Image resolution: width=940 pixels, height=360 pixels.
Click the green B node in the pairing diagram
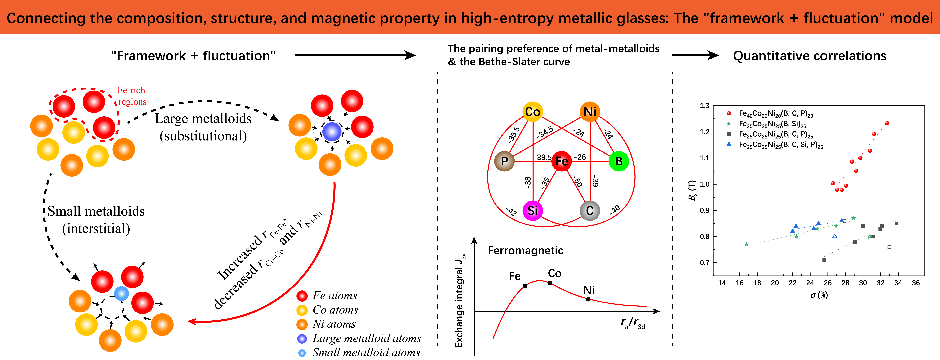coord(619,161)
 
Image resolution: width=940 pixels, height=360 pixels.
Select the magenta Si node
coord(533,210)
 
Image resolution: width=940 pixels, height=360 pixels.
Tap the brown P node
coord(504,161)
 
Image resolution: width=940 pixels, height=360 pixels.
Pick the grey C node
coord(590,210)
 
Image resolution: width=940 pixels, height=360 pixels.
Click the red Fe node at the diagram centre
coord(561,161)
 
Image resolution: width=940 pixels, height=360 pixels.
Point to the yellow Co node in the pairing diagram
coord(533,112)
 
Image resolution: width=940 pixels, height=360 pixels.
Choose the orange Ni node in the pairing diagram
coord(590,112)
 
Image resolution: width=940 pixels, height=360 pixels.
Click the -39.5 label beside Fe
coord(543,157)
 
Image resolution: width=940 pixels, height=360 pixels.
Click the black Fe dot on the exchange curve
coord(525,286)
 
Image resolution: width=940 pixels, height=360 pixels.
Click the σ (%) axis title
coord(819,295)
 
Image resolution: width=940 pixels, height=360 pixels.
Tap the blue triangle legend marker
coord(729,144)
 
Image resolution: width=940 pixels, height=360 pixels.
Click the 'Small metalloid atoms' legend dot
coord(302,353)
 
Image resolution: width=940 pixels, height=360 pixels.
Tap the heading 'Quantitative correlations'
coord(809,56)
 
